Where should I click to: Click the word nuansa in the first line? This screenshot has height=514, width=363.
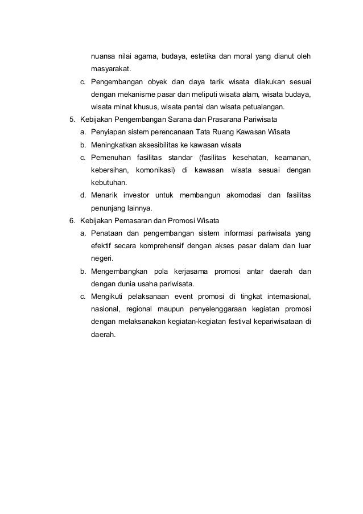(102, 57)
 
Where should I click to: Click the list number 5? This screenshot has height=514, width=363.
(71, 120)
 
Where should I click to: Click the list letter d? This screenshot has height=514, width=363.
(83, 195)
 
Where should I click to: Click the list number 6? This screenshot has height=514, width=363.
(71, 220)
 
